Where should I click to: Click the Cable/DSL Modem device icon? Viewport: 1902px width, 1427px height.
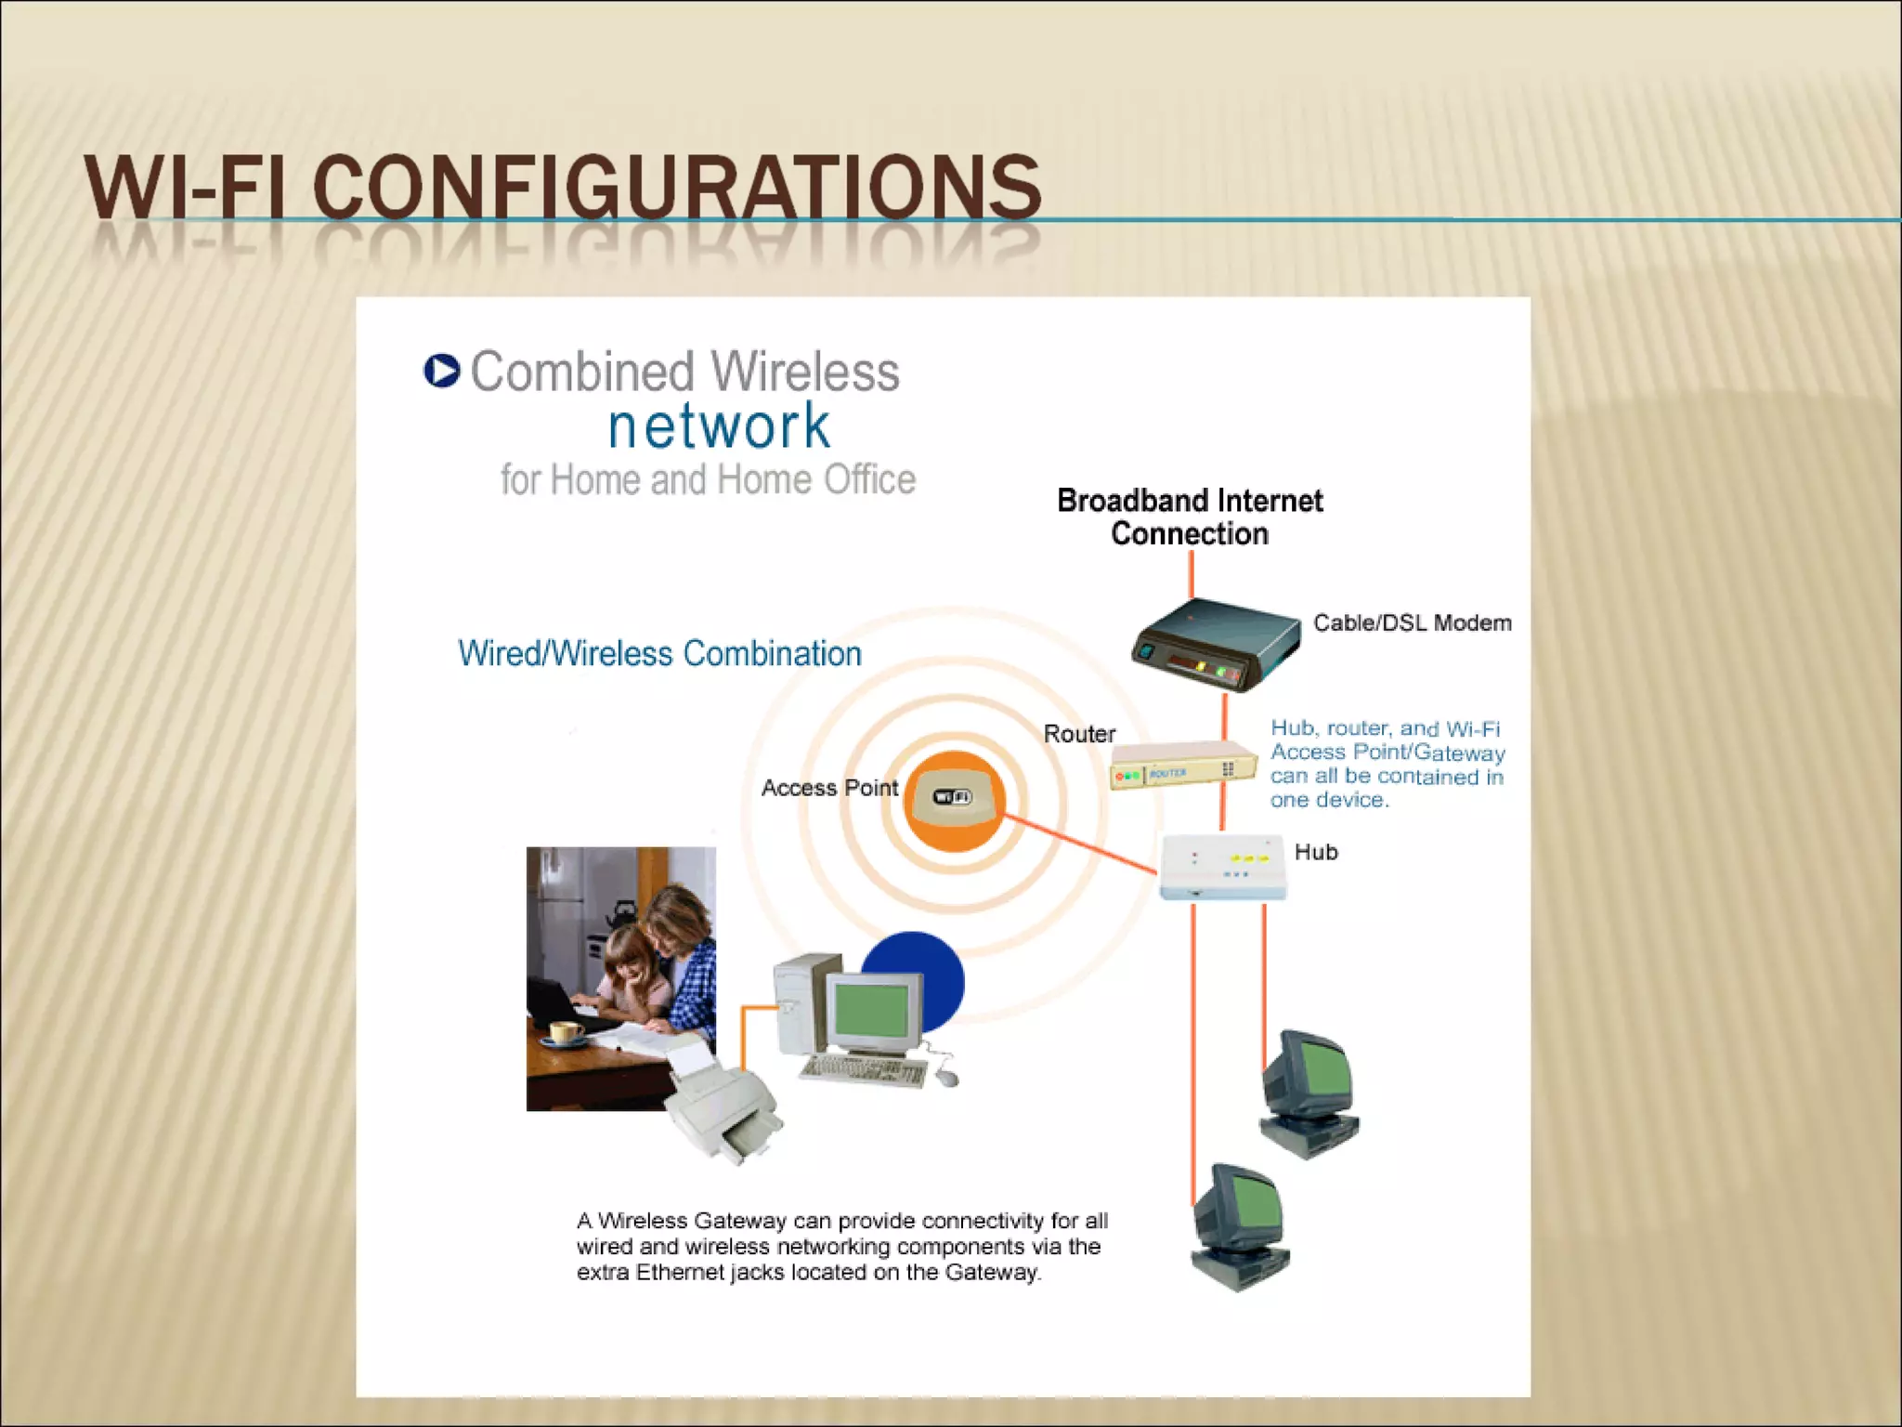coord(1215,643)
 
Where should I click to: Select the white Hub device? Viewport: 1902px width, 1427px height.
coord(1222,866)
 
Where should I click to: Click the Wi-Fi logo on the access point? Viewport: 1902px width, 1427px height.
coord(952,797)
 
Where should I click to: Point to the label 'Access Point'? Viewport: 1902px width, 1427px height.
coord(829,788)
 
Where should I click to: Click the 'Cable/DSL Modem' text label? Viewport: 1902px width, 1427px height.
coord(1412,622)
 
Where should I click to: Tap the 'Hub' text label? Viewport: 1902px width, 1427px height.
coord(1316,852)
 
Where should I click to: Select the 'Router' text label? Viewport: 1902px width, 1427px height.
coord(1079,734)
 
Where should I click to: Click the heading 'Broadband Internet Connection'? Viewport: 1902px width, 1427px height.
coord(1190,517)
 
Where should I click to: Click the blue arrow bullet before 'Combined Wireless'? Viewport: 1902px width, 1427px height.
coord(442,371)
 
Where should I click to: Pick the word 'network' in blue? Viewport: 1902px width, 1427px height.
coord(719,426)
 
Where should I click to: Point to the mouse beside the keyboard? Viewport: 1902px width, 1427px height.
coord(946,1077)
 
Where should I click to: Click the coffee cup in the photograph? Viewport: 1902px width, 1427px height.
coord(566,1031)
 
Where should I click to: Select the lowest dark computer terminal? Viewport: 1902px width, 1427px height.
coord(1239,1226)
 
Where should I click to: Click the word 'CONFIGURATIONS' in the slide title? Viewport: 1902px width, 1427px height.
coord(677,189)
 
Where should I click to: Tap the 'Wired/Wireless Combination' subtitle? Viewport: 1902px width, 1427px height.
coord(659,653)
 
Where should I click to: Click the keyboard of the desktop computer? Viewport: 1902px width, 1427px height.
coord(863,1071)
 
